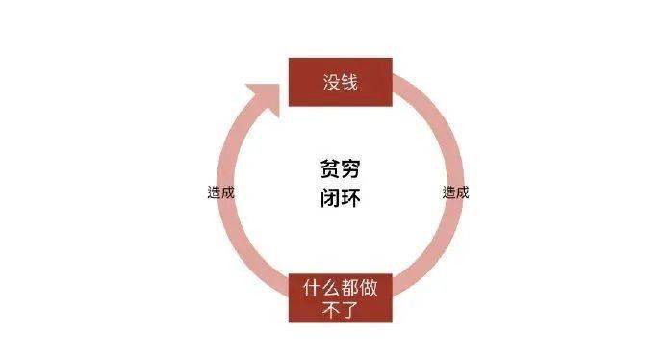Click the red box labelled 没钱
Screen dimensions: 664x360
coord(340,82)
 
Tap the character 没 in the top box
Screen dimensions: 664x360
coord(330,82)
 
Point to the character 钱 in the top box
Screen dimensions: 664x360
coord(349,82)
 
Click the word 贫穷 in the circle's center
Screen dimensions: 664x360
coord(342,169)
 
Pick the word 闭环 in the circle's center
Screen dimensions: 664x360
coord(342,199)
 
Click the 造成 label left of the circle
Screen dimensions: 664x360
coord(220,192)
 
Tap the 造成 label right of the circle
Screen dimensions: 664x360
coord(456,192)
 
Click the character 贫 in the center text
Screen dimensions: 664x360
coord(330,169)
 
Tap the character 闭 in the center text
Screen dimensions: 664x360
coord(330,199)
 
